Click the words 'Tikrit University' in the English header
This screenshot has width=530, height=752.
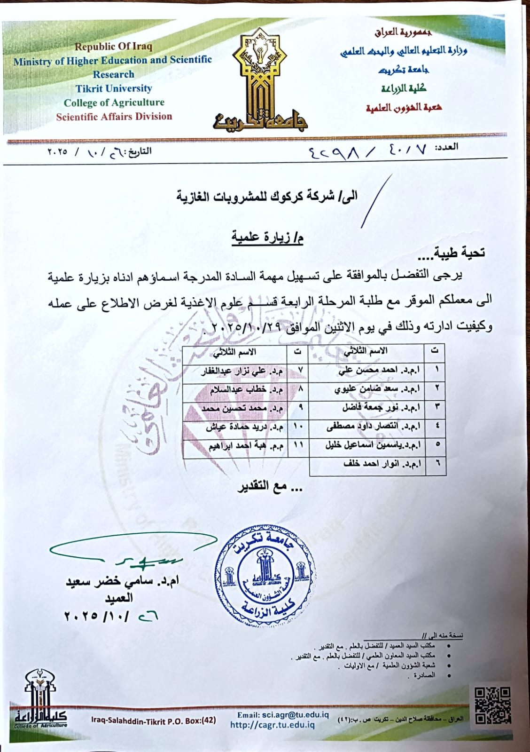click(x=114, y=88)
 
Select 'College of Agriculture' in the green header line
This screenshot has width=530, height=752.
click(x=114, y=103)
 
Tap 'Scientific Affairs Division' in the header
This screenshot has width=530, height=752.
click(x=114, y=117)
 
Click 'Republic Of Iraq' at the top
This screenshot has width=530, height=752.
click(x=113, y=47)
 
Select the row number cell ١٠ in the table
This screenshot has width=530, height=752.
click(x=298, y=427)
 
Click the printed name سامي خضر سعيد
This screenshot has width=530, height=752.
click(x=122, y=582)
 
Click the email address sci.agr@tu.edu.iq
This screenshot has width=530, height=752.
click(x=282, y=715)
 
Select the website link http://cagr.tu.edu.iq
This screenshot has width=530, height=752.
click(x=273, y=725)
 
